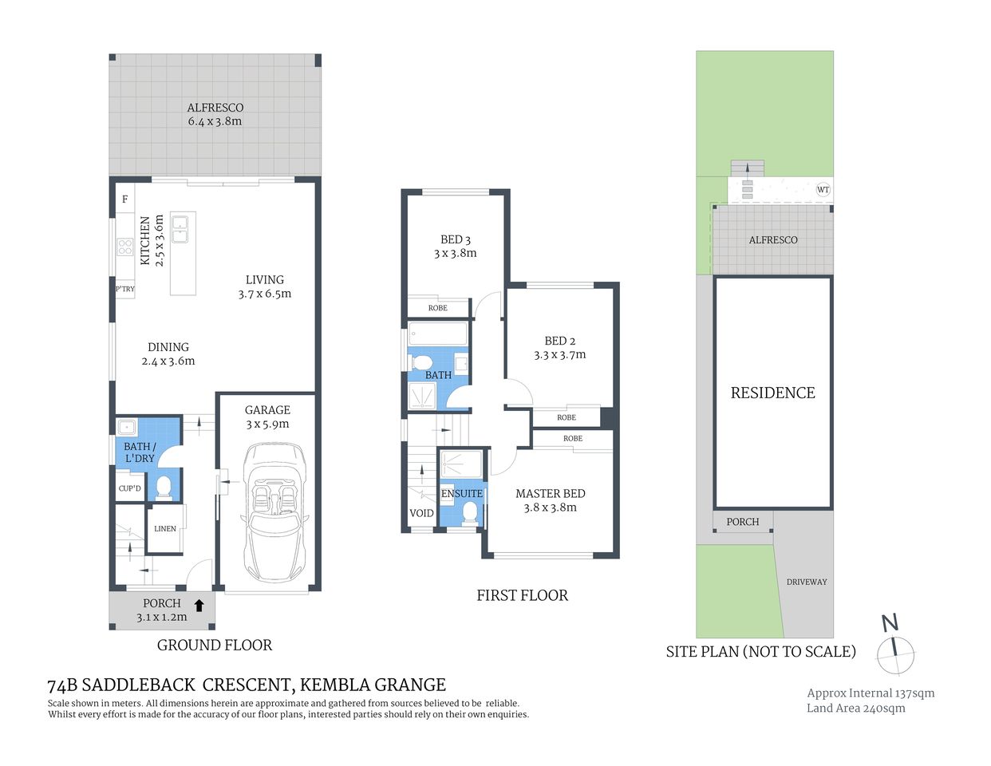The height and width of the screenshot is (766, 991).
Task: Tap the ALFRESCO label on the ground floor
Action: coord(215,108)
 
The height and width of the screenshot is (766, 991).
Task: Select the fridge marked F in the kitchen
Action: coord(124,199)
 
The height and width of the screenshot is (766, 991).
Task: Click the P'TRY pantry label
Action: coord(124,289)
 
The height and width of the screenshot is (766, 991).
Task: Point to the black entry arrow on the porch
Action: coord(199,606)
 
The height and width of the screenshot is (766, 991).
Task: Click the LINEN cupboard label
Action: coord(165,529)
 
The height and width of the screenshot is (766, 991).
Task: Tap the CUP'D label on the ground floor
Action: coord(129,488)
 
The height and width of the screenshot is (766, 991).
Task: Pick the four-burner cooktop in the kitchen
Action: coord(125,247)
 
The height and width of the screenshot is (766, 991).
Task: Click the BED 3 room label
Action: coord(455,239)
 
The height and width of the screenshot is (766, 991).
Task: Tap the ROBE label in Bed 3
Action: coord(437,308)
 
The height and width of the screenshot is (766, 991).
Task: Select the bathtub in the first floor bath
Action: coord(437,334)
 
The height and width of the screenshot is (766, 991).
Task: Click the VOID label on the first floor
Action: coord(421,513)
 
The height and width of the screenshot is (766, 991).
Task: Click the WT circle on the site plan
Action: coord(823,190)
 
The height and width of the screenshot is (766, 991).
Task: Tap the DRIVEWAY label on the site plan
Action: coord(807,582)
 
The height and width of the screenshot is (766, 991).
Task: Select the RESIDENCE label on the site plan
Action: coord(772,393)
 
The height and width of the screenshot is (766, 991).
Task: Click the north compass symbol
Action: coord(894,650)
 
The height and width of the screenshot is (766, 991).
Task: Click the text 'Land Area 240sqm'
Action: coord(855,709)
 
